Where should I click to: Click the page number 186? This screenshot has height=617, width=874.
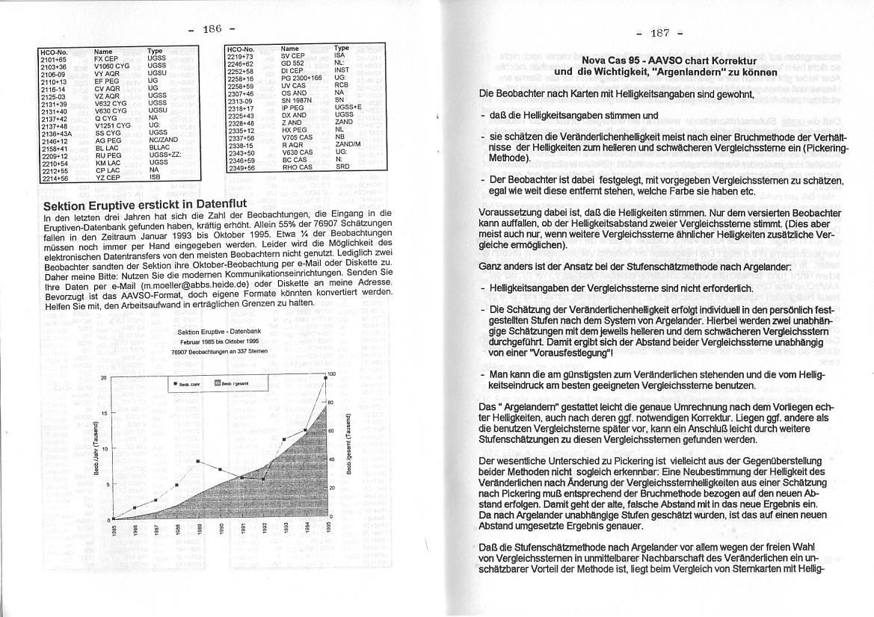pos(212,29)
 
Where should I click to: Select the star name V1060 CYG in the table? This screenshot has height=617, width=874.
pos(111,65)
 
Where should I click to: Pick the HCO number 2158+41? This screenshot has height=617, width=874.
pos(54,148)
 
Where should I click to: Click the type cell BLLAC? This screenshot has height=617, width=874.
pos(159,148)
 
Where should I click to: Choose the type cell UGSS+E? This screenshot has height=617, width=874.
pos(348,107)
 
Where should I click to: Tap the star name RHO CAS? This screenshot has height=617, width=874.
pos(296,167)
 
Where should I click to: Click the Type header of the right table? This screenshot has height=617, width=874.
pos(341,48)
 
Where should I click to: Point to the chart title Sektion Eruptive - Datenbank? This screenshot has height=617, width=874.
pos(219,331)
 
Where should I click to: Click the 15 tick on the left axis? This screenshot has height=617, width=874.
pos(104,412)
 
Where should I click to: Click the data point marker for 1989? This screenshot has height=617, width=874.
pos(198,461)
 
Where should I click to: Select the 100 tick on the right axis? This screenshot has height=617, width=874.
pos(331,373)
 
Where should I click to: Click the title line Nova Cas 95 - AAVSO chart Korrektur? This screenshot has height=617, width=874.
pos(669,61)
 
